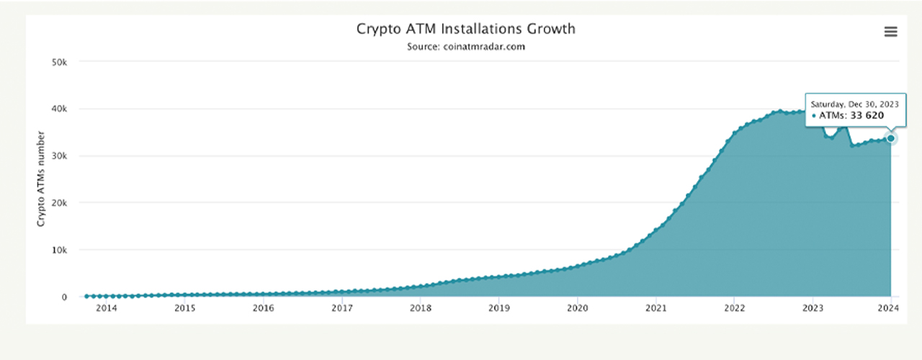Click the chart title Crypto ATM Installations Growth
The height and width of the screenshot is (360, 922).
(x=466, y=29)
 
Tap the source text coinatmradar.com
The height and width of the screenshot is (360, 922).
(x=466, y=47)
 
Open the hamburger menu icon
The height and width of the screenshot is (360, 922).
(x=890, y=32)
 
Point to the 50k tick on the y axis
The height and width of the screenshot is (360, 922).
(x=59, y=62)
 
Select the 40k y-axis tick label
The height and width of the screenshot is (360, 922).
(x=59, y=109)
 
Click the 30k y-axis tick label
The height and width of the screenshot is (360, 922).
(x=59, y=156)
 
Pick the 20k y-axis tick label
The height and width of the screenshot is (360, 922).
(x=59, y=203)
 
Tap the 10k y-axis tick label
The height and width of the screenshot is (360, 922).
(x=59, y=250)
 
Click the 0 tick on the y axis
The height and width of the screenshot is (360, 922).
(x=64, y=297)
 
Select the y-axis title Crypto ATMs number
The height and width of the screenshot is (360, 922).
(x=41, y=179)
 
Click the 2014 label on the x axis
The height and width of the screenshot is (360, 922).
(x=106, y=309)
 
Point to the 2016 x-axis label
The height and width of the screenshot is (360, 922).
(x=263, y=309)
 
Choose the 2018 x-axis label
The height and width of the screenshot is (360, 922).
(x=420, y=309)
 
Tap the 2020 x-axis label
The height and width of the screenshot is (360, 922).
(x=577, y=309)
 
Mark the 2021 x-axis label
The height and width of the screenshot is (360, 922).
(x=655, y=309)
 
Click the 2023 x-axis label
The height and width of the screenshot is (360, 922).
(x=813, y=309)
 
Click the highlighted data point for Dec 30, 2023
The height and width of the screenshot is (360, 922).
(x=891, y=138)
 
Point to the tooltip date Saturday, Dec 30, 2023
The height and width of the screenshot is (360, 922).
(x=854, y=104)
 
